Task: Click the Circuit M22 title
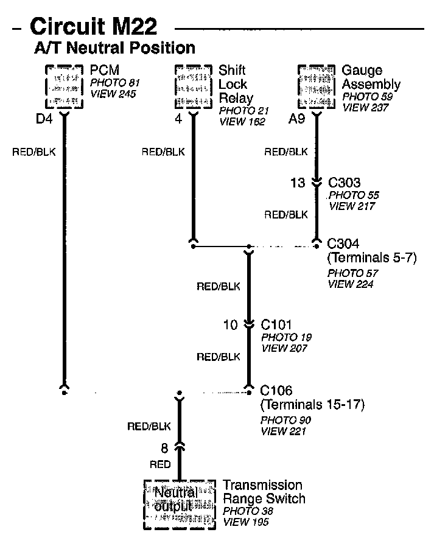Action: (93, 26)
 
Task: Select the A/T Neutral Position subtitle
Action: (114, 48)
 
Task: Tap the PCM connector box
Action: (65, 86)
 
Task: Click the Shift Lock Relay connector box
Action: (194, 86)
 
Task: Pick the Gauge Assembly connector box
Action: (317, 86)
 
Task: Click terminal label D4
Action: (44, 119)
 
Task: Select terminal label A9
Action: (296, 120)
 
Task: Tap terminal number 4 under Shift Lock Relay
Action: (178, 119)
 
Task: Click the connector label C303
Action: (345, 182)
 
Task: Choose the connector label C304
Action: (343, 243)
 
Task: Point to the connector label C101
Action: (277, 324)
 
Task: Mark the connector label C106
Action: (276, 390)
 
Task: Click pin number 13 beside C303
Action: (298, 182)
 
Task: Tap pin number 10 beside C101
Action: (230, 325)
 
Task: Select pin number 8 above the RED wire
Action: (164, 449)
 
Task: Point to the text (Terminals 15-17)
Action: (312, 404)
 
